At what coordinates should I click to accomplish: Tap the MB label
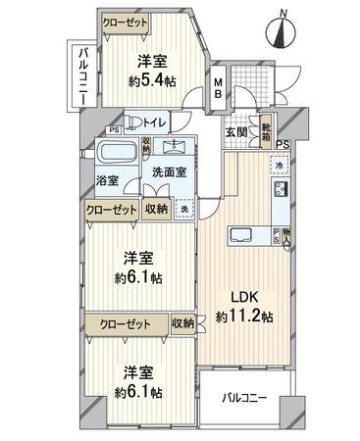click(219, 90)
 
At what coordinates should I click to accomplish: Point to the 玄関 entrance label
click(236, 130)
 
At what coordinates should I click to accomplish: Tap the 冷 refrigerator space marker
click(278, 166)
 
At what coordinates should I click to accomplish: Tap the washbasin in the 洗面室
click(179, 146)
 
